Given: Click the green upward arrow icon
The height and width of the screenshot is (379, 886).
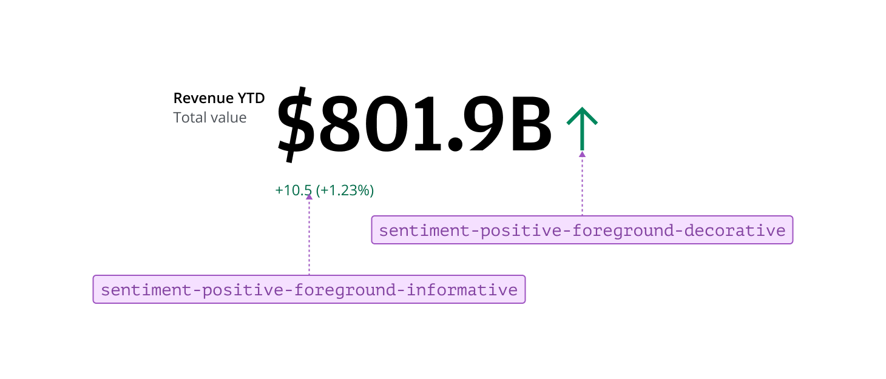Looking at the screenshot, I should (x=582, y=128).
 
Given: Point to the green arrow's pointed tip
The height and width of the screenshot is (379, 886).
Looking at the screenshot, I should (x=582, y=109).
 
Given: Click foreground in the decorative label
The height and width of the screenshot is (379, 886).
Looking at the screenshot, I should (x=607, y=230).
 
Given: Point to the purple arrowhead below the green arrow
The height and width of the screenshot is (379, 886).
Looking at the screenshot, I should (x=582, y=154).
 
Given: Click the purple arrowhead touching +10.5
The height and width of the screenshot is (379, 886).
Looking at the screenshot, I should (x=309, y=196).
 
